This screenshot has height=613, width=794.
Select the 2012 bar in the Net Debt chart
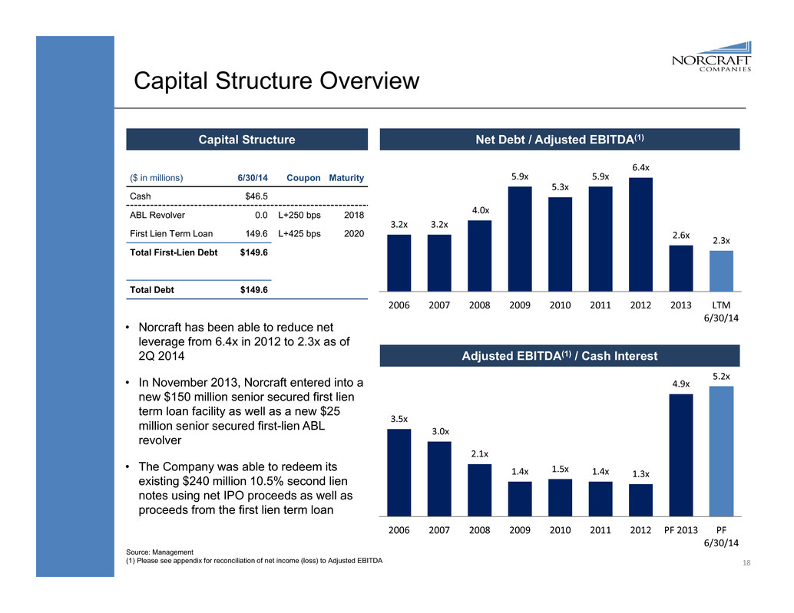point(640,234)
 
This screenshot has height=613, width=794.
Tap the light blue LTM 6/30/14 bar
point(721,271)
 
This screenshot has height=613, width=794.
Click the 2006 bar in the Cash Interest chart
point(399,472)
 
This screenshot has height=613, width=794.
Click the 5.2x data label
point(721,376)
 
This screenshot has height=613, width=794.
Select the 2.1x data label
point(479,454)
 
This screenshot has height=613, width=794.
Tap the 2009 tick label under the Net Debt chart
point(519,305)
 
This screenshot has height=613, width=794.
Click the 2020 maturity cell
point(353,234)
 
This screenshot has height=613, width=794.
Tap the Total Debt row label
point(151,290)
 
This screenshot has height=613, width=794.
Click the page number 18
point(746,563)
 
